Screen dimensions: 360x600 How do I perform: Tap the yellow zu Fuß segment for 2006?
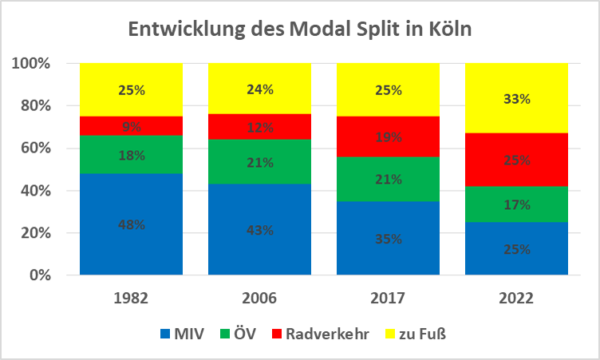259,104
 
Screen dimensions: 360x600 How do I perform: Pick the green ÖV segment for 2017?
388,188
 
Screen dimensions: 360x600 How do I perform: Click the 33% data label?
517,100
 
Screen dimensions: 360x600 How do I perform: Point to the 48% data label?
132,225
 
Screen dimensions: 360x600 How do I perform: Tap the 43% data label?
260,231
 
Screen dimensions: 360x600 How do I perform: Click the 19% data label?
389,136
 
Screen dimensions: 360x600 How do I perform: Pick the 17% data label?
517,205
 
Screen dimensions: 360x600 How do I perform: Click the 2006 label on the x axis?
260,299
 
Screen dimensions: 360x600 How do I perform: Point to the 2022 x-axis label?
517,299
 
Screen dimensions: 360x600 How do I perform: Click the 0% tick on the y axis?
41,275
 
